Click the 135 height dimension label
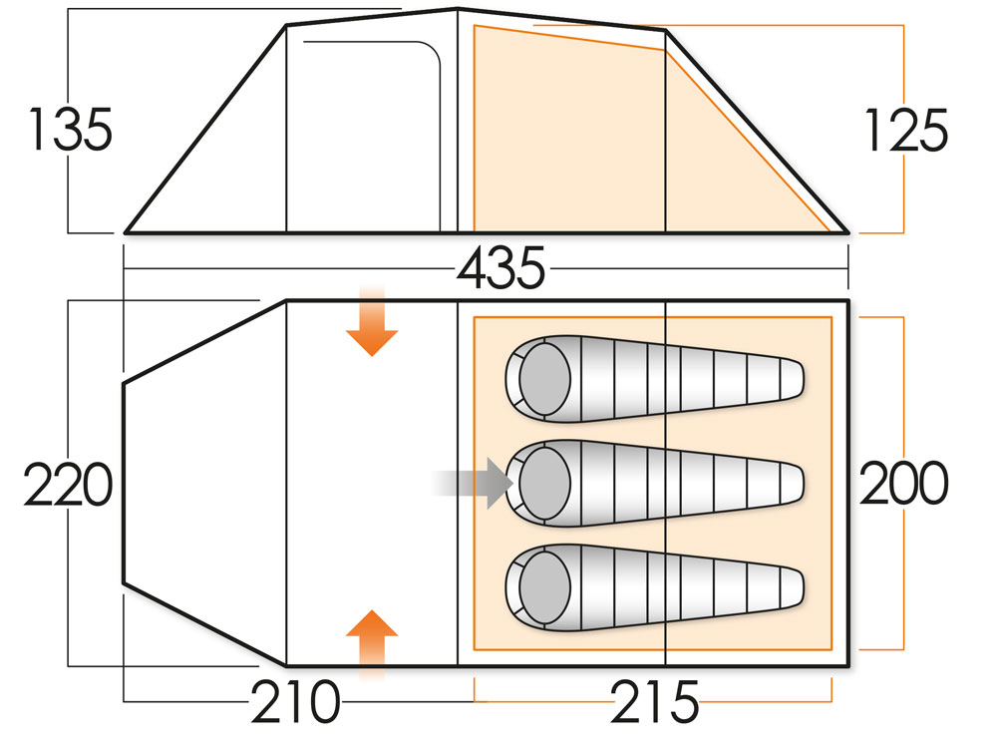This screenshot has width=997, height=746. (x=69, y=130)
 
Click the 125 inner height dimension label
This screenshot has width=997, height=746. (x=903, y=130)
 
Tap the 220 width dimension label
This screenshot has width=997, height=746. (x=66, y=488)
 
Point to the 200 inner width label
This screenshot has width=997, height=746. (x=903, y=485)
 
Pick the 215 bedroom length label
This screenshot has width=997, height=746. (x=654, y=704)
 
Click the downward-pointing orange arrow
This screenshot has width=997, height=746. (x=371, y=324)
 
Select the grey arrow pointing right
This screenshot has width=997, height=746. (x=474, y=484)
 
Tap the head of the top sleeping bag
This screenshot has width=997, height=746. (x=543, y=378)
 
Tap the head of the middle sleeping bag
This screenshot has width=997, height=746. (x=543, y=484)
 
